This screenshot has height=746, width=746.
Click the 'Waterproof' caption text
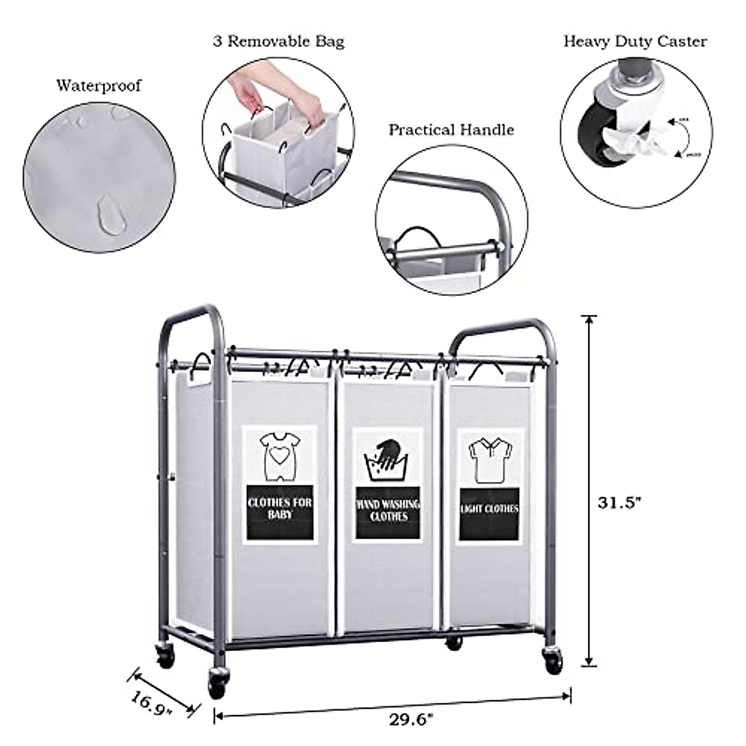click(x=99, y=85)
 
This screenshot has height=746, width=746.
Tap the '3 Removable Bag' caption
click(x=279, y=42)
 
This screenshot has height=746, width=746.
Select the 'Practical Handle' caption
click(x=451, y=130)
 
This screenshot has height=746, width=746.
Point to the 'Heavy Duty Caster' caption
click(x=635, y=42)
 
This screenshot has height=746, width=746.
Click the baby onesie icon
click(x=279, y=457)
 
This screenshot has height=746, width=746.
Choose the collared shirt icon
click(x=489, y=461)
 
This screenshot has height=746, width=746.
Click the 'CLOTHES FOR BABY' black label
click(x=280, y=508)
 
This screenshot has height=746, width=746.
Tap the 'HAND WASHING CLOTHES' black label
click(x=389, y=510)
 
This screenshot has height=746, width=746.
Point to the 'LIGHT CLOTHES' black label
click(x=489, y=509)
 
